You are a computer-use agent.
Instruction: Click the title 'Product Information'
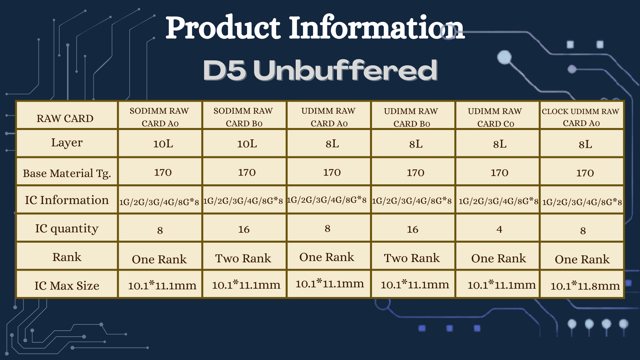point(315,27)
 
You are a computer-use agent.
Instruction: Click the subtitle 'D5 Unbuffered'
point(320,70)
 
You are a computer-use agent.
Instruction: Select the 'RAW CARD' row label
point(65,118)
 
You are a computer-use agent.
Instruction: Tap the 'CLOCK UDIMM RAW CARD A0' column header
point(581,117)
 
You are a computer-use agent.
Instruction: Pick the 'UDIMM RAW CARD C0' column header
point(495,117)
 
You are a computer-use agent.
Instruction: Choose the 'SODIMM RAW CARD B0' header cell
point(243,117)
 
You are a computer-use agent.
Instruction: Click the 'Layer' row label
point(67,143)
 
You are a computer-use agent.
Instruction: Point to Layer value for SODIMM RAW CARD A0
point(163,144)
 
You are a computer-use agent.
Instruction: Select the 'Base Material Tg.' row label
point(67,173)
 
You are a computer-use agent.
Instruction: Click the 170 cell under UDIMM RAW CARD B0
point(415,173)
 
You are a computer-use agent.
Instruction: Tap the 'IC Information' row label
point(67,200)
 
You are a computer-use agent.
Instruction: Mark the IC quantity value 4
point(499,229)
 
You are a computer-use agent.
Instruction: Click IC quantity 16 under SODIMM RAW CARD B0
point(244,229)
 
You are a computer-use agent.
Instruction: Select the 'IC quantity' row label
point(67,229)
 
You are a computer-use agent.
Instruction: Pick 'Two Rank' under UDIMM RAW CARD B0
point(412,258)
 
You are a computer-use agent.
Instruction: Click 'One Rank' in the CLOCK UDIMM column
point(582,259)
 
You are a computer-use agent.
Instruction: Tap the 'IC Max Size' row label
point(67,286)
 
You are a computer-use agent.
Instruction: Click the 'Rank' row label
point(67,257)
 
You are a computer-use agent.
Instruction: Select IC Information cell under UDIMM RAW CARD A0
point(327,200)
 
